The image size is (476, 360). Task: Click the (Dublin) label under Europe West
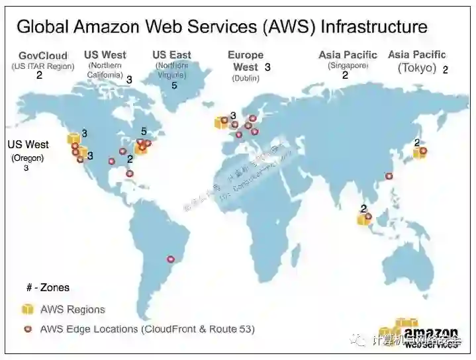[245, 78]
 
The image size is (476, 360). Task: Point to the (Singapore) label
[348, 66]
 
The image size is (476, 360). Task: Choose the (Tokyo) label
[417, 67]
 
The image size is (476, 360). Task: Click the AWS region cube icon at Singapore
[363, 218]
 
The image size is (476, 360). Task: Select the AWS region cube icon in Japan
[418, 153]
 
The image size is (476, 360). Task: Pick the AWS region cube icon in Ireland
[220, 122]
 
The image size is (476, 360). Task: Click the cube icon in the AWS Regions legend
[28, 309]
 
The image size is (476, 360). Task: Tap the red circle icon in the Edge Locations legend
[28, 329]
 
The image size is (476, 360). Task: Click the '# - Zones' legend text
[48, 288]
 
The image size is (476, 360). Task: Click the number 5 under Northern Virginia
[174, 85]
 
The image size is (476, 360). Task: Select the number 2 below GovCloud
[39, 75]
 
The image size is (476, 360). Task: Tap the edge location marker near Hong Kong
[389, 176]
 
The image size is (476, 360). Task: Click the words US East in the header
[171, 55]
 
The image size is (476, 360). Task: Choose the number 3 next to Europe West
[267, 67]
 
